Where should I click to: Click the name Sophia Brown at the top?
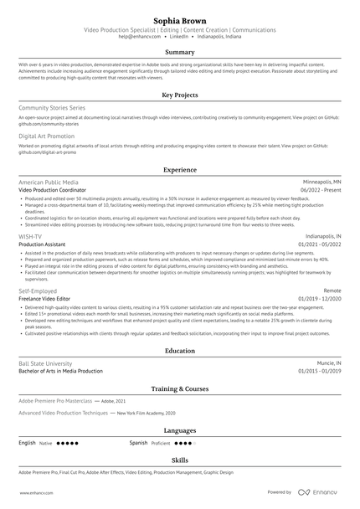point(180,18)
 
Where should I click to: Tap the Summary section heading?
point(180,52)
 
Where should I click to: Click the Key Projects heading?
point(180,95)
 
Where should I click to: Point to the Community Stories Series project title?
point(52,108)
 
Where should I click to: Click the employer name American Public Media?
point(49,182)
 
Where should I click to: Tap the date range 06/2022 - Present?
point(320,189)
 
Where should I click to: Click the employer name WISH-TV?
point(30,237)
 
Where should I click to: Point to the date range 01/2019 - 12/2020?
point(320,298)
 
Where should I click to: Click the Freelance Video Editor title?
point(49,298)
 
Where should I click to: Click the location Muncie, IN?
point(328,363)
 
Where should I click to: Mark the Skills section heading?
point(180,460)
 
